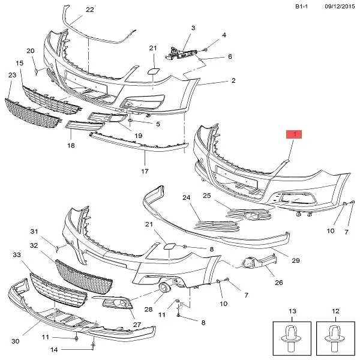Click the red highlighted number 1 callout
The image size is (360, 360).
[294, 135]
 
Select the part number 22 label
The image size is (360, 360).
[89, 10]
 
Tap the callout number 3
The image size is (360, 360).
[193, 28]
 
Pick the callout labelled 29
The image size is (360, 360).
[295, 261]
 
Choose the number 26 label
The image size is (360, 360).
[278, 283]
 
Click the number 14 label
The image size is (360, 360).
[53, 349]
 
